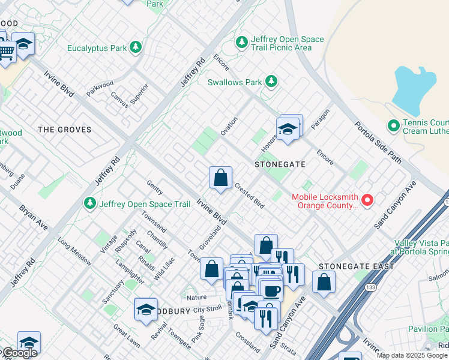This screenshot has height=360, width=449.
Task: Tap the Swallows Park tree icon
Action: point(271,81)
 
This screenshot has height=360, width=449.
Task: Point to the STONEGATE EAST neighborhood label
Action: point(357,266)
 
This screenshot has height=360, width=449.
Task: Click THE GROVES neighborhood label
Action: point(64,130)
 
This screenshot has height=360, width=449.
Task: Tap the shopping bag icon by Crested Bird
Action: point(220,178)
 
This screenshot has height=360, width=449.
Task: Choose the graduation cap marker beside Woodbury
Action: point(146,310)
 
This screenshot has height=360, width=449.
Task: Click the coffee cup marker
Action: point(271,290)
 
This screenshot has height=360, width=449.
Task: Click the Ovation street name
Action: point(229,127)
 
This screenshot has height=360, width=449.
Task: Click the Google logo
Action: point(19,353)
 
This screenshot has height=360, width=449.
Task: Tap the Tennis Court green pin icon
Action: point(393,125)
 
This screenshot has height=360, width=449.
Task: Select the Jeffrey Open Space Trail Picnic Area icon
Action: point(242,43)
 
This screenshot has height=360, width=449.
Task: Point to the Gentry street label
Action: point(155,188)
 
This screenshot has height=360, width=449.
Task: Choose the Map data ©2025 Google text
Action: point(412,355)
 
